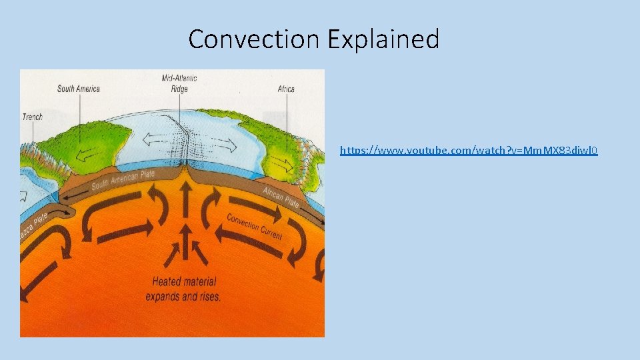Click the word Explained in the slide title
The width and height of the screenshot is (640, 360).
point(383,39)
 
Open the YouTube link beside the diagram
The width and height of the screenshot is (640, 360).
point(469,151)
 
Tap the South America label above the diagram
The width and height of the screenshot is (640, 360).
point(78,89)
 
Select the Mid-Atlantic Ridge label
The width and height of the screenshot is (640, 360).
point(179,83)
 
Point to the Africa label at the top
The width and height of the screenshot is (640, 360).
point(286,89)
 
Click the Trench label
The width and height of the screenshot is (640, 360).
point(32,117)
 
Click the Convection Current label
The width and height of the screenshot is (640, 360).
point(254,227)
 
